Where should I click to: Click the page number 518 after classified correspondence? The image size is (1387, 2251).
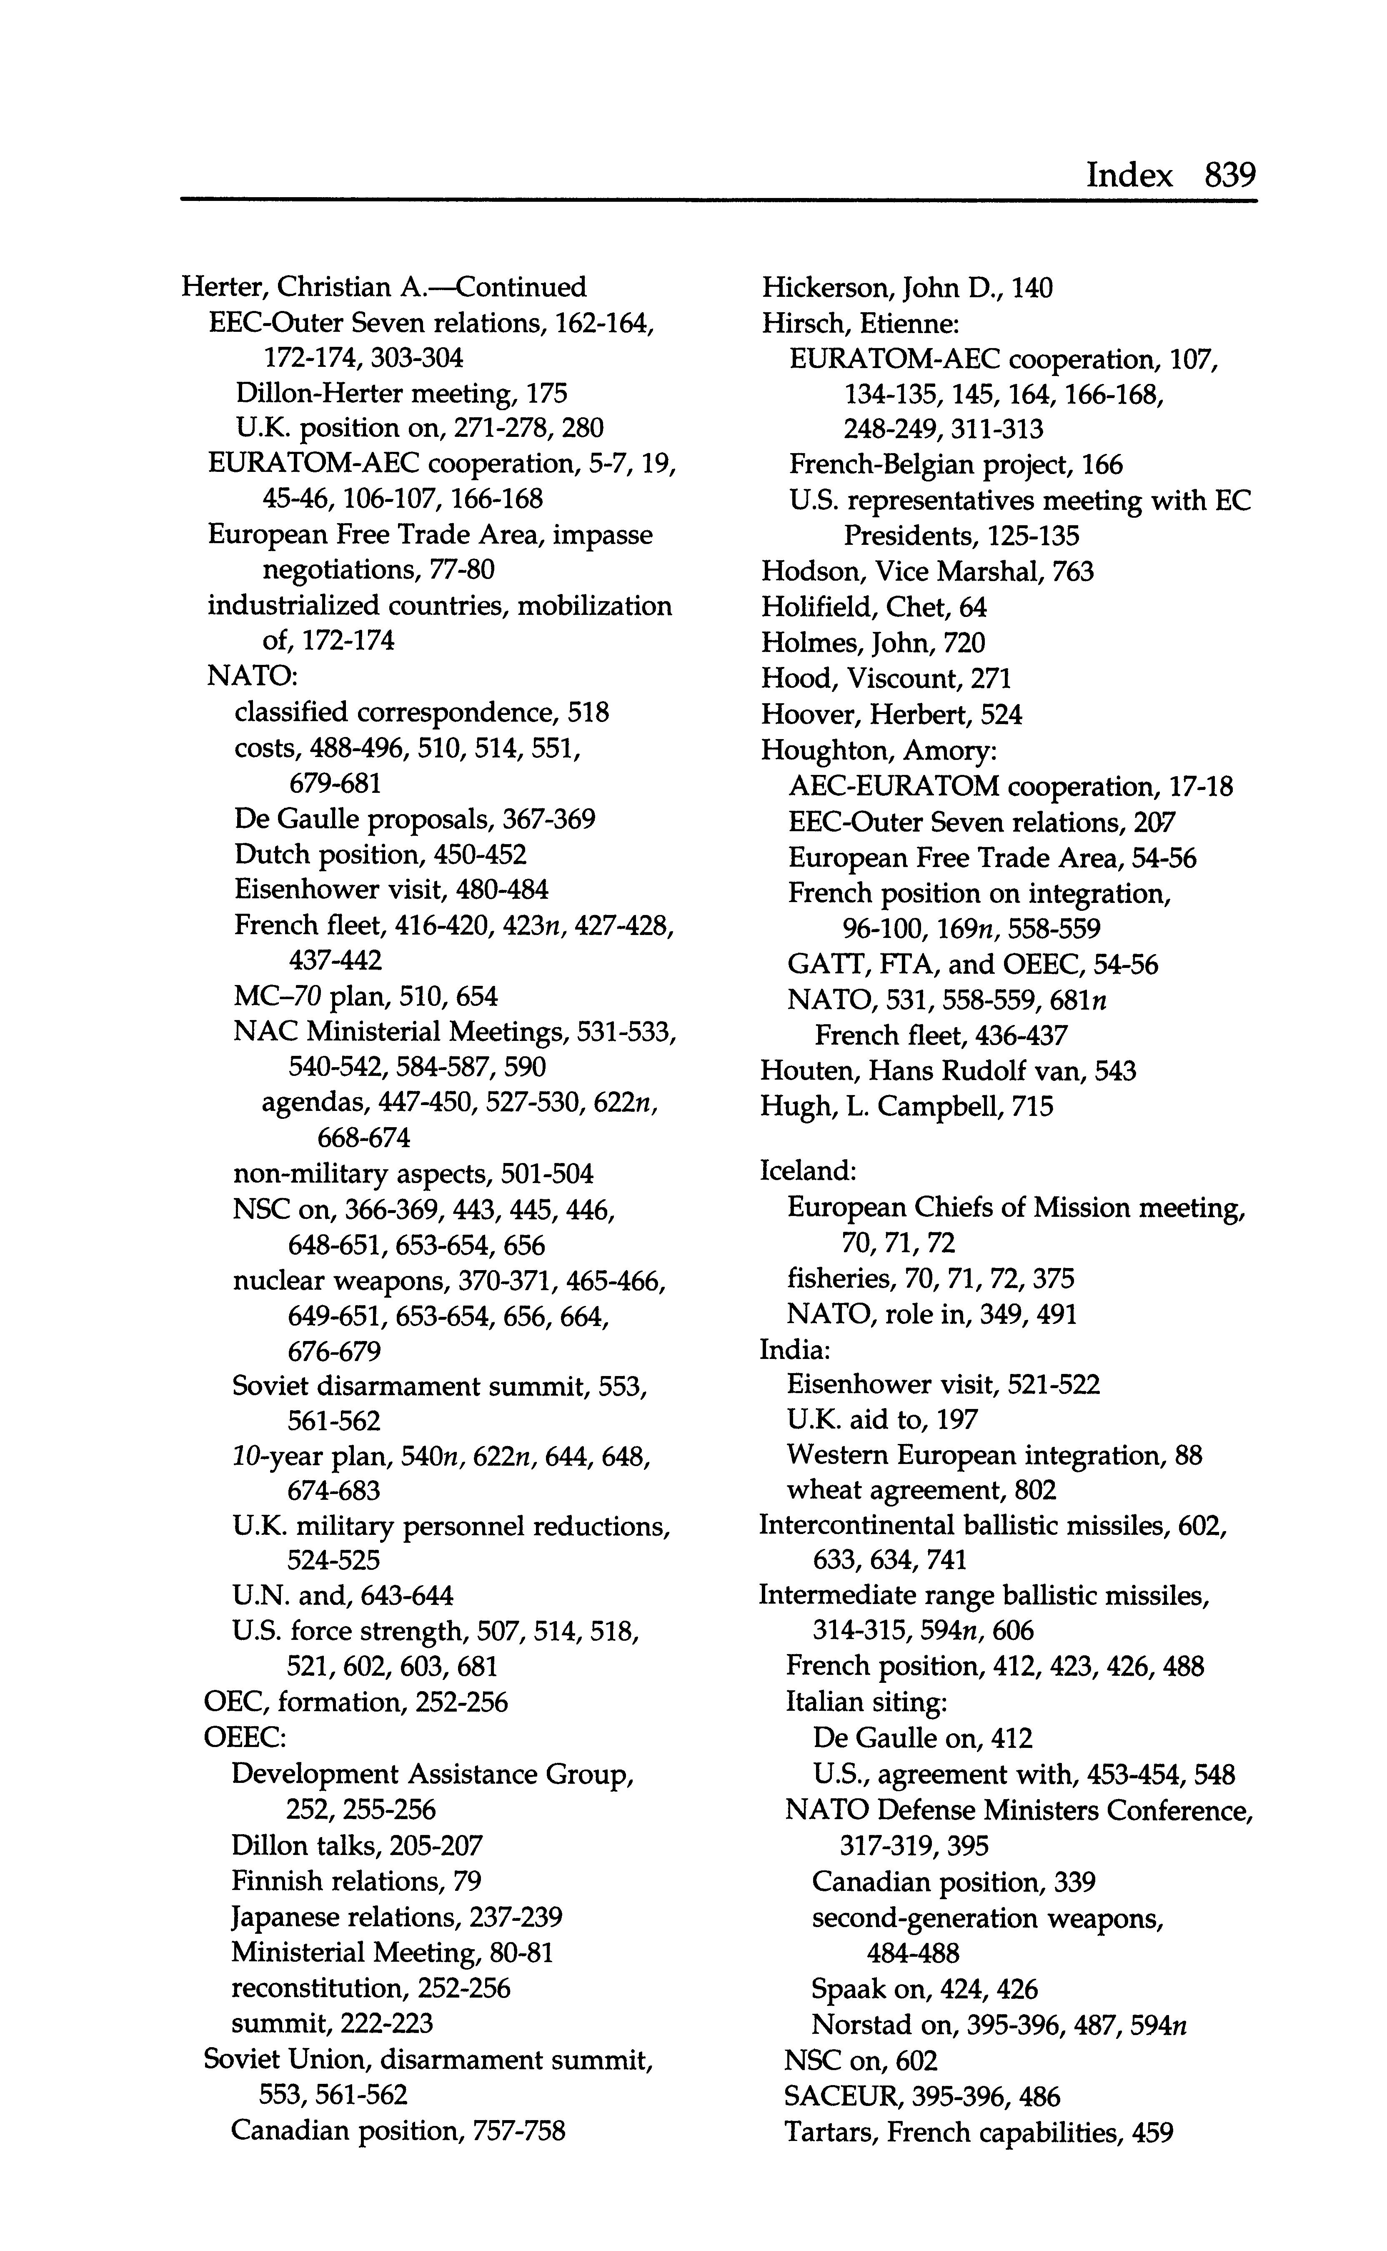588,713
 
